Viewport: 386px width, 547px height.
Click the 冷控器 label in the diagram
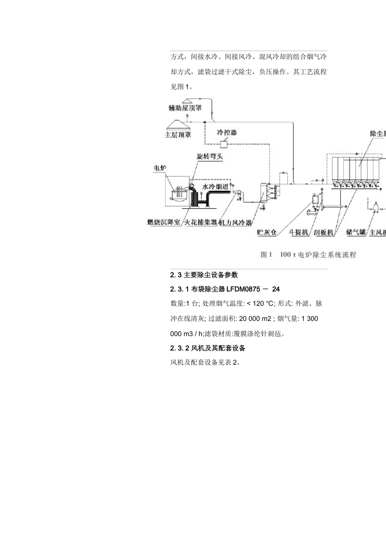click(227, 132)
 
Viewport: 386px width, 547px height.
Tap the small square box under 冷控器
click(223, 143)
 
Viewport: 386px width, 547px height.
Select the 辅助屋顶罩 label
click(185, 108)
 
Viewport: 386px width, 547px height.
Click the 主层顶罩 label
click(178, 135)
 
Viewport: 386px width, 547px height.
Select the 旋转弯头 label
click(210, 156)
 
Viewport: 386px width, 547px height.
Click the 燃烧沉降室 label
click(164, 222)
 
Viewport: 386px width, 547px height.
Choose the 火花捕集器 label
click(201, 222)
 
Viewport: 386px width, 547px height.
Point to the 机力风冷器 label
click(236, 222)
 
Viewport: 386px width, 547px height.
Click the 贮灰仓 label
click(267, 232)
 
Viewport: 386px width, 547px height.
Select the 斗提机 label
click(299, 232)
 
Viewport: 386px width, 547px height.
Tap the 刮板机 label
click(324, 232)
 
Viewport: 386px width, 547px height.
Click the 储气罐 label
click(356, 232)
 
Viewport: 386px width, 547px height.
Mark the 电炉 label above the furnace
click(160, 168)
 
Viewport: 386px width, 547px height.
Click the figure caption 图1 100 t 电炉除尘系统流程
click(308, 255)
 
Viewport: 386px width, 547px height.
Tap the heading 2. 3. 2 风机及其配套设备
click(208, 348)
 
